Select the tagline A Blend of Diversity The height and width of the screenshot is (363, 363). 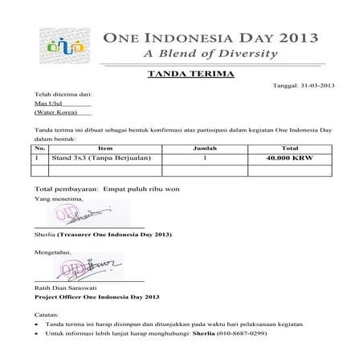(x=210, y=55)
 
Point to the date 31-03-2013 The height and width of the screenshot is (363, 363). (x=312, y=85)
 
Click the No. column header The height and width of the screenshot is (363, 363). (x=39, y=149)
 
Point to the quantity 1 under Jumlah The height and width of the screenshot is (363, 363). (x=205, y=159)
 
